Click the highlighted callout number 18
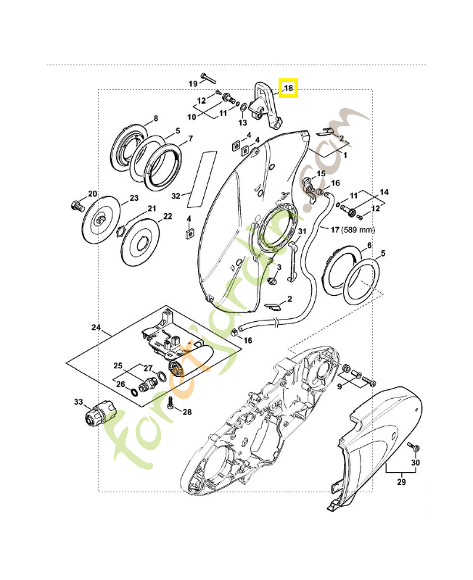point(289,88)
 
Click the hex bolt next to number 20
point(76,204)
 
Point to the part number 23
point(134,199)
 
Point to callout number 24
point(95,328)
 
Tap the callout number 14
point(385,192)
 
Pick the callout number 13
point(243,123)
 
